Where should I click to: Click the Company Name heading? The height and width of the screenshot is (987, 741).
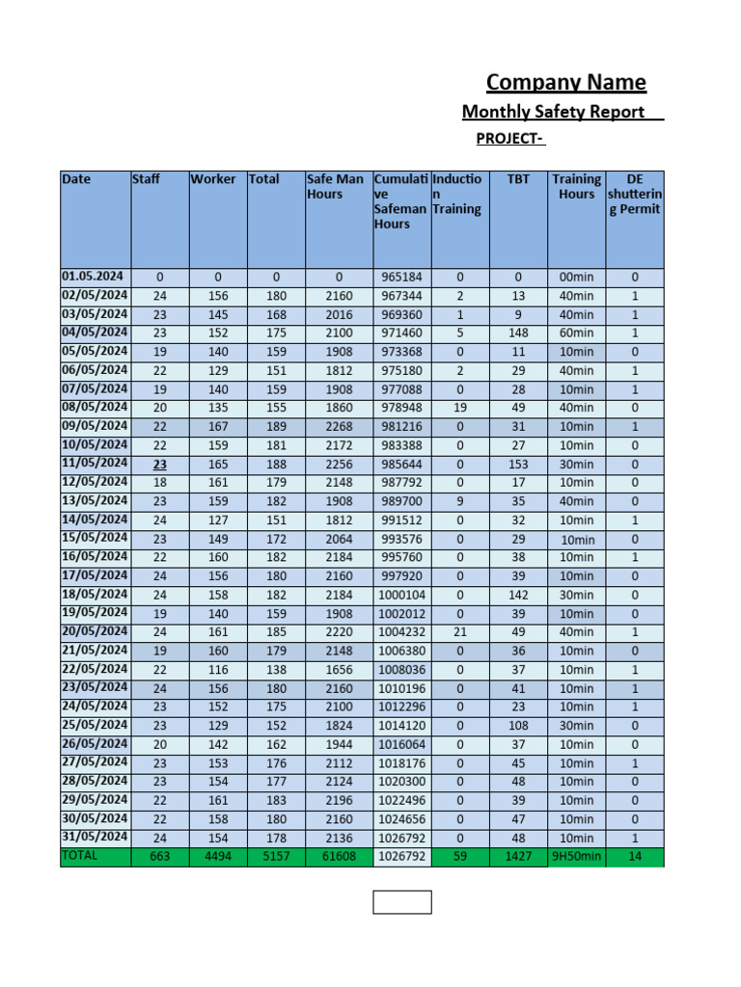(x=565, y=83)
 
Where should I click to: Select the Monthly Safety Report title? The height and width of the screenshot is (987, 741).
(x=553, y=112)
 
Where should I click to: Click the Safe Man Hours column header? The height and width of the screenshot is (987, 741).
(x=335, y=187)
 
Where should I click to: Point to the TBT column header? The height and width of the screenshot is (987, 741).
(x=518, y=179)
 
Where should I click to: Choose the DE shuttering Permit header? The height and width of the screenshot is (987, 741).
(x=634, y=194)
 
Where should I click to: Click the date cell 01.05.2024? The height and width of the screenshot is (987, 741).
(x=94, y=277)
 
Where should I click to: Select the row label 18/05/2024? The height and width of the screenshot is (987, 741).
(x=95, y=594)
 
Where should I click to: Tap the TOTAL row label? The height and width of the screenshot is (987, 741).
(x=79, y=856)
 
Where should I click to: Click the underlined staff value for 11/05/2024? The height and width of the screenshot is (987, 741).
(x=159, y=464)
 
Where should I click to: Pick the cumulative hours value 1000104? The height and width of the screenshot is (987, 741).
(x=400, y=595)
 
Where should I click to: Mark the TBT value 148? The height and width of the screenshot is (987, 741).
(x=518, y=333)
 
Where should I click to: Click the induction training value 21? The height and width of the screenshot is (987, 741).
(x=459, y=632)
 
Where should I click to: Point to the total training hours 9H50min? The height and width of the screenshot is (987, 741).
(x=576, y=857)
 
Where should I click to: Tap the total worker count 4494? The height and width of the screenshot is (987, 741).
(x=218, y=857)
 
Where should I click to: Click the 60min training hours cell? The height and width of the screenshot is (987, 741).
(x=576, y=333)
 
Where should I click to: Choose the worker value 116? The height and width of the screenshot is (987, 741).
(x=218, y=670)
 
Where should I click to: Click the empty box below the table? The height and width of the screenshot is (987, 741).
(x=402, y=902)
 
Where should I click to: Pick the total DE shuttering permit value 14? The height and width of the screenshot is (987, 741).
(x=634, y=857)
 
